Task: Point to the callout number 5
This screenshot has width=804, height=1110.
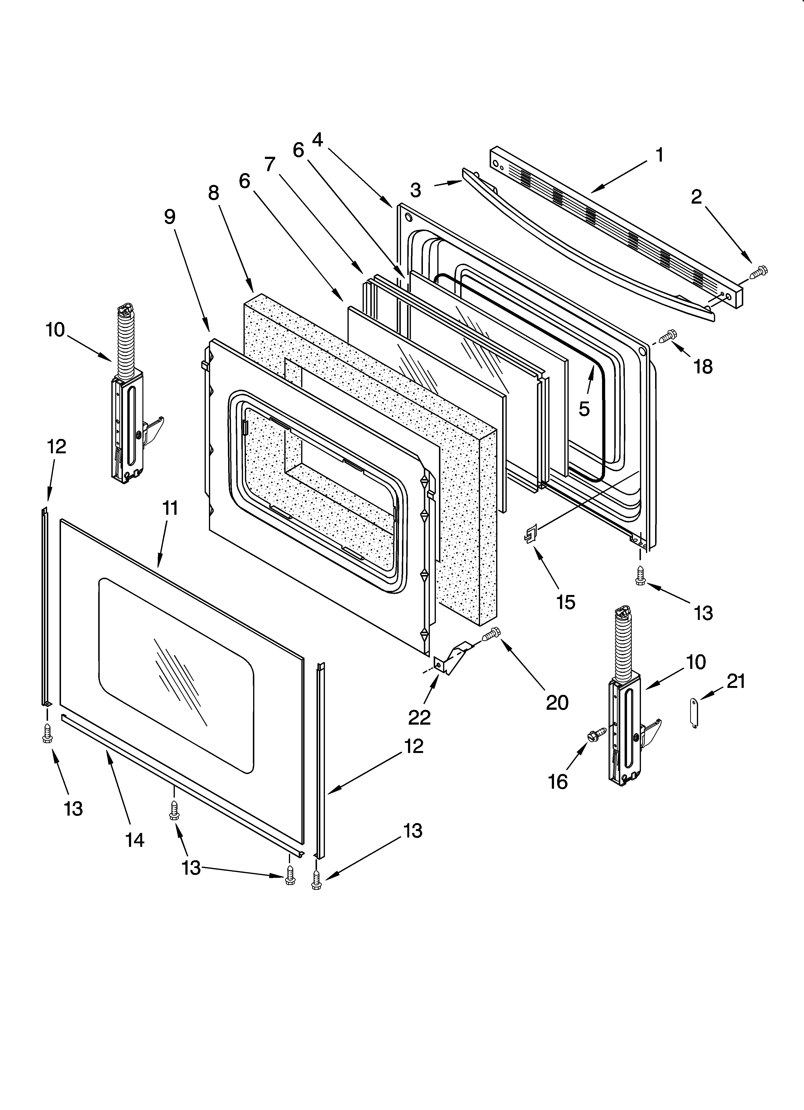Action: click(x=584, y=409)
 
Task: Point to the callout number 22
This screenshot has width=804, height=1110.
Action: click(x=420, y=717)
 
